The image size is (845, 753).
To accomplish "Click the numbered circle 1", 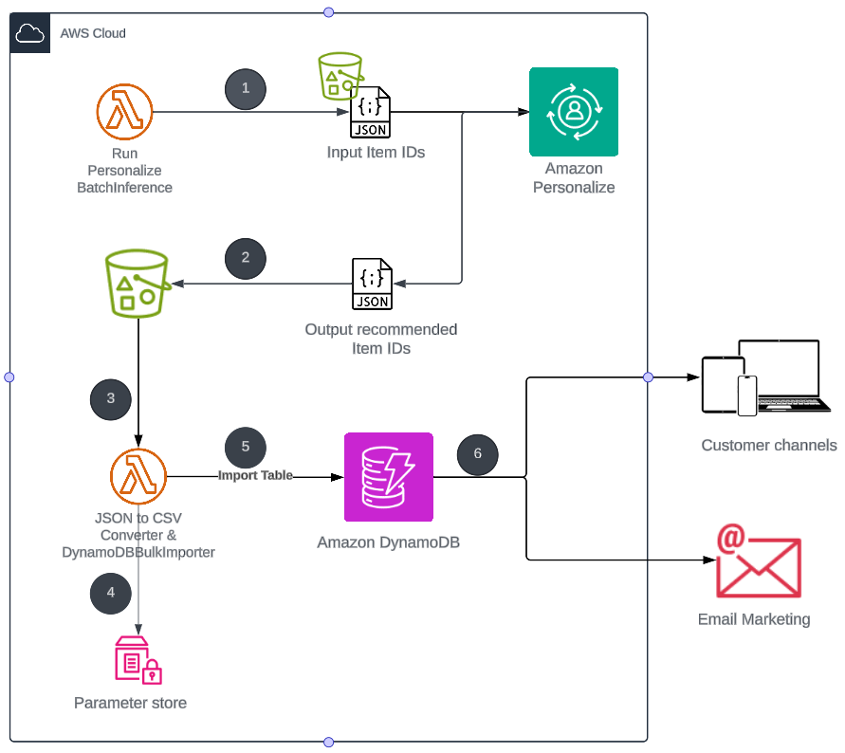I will tap(246, 88).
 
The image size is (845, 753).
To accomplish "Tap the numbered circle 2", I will tap(246, 257).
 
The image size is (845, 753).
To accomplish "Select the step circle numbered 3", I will tap(111, 398).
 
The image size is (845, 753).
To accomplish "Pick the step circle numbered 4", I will tap(111, 593).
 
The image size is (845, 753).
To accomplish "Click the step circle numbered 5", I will tap(246, 446).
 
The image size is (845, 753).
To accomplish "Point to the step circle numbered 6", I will tap(477, 453).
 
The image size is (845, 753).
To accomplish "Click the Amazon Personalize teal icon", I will tap(574, 112).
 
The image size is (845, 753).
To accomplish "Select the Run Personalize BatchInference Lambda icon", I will tap(124, 111).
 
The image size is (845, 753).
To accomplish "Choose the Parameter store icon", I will tap(138, 660).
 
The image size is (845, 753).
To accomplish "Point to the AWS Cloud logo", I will tap(31, 34).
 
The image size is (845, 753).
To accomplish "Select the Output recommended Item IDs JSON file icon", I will tap(371, 284).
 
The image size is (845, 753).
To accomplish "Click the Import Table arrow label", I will tap(256, 475).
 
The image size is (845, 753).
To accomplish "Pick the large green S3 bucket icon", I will tap(138, 284).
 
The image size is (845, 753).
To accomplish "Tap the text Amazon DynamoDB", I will tap(389, 543).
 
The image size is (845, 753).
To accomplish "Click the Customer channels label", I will tap(769, 445).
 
